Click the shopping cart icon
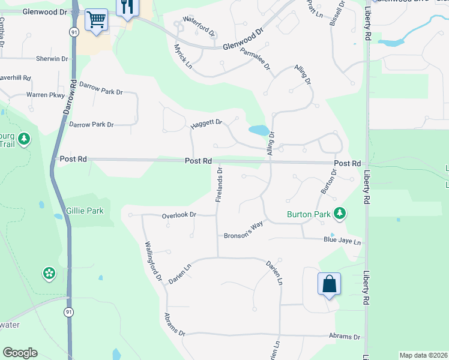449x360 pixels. pos(96,20)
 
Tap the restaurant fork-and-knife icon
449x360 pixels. pos(127,7)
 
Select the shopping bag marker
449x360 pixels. pos(329,284)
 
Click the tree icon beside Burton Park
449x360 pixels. pos(340,213)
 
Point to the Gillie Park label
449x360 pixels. pos(85,211)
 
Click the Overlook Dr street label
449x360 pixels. pos(179,215)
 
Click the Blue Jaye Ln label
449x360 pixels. pos(342,242)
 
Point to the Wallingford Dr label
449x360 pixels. pos(154,261)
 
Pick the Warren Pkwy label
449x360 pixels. pos(44,95)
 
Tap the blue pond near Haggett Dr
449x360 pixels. pos(259,130)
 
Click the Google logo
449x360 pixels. pos(20,353)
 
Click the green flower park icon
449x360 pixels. pos(49,274)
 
